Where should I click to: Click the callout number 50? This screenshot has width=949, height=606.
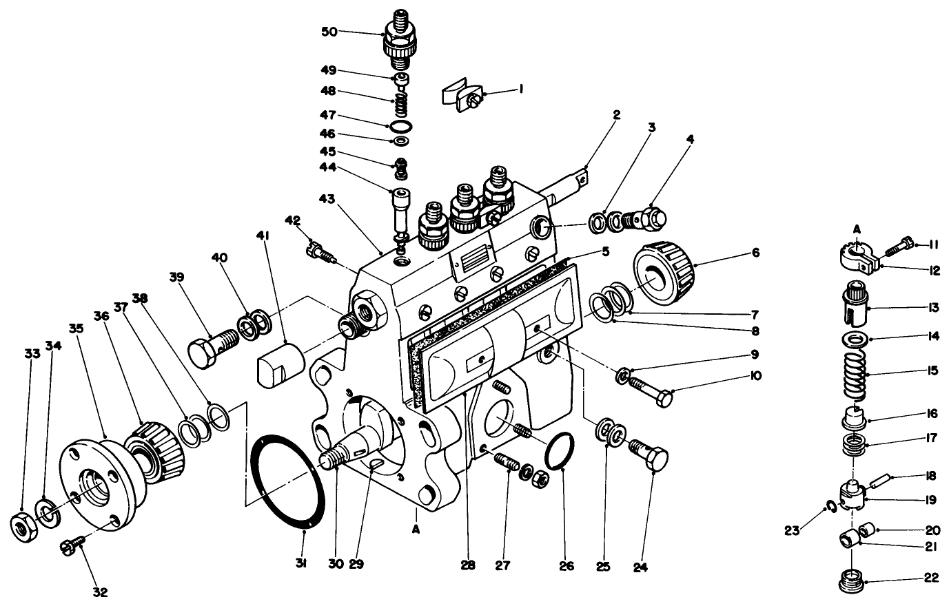tap(330, 32)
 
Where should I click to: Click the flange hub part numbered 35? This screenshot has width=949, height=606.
tap(96, 485)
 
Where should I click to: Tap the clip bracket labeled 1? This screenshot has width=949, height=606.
tap(460, 94)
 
